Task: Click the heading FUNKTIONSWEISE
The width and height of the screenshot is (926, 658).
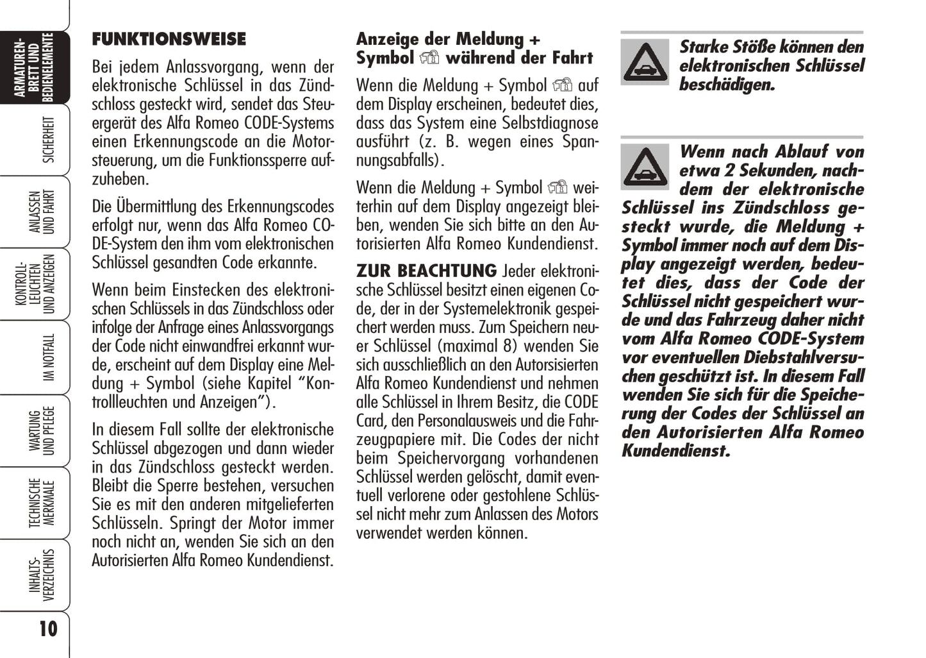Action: point(169,39)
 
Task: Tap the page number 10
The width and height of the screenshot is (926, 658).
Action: point(48,628)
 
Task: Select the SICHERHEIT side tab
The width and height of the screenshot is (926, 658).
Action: point(48,139)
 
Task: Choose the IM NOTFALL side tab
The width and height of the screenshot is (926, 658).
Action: point(48,357)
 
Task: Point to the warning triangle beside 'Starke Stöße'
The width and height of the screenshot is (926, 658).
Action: point(645,63)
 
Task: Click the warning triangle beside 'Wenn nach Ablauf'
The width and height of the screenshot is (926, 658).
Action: point(645,167)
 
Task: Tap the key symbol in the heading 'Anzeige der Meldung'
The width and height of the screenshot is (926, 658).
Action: point(429,58)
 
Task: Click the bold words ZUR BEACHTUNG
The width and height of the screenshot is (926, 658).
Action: point(426,271)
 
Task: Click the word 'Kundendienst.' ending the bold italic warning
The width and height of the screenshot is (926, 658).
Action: point(675,451)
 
